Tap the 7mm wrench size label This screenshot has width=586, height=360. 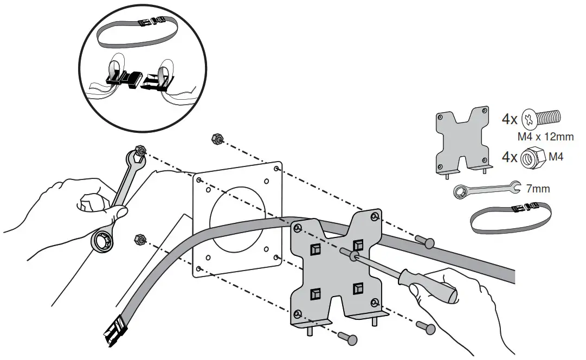[538, 189]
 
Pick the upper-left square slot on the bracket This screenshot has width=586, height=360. [315, 249]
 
